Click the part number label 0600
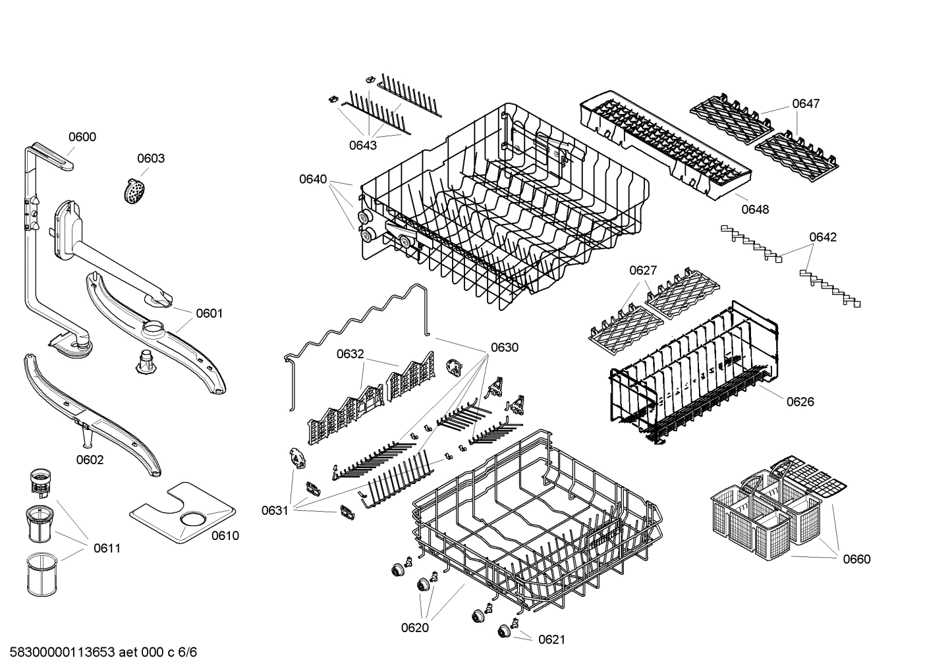click(82, 137)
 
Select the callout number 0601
click(209, 313)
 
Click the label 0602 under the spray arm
click(90, 460)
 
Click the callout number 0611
click(107, 548)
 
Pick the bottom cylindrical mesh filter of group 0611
click(43, 575)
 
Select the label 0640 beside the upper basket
click(313, 179)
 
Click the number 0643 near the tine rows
click(363, 145)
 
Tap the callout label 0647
click(806, 103)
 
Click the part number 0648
click(755, 209)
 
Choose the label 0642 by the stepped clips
click(823, 237)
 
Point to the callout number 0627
click(643, 270)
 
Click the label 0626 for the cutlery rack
click(800, 402)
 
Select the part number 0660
click(856, 559)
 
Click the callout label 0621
click(551, 639)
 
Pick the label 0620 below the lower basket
click(415, 628)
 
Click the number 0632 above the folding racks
click(350, 354)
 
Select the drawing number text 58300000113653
click(59, 653)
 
